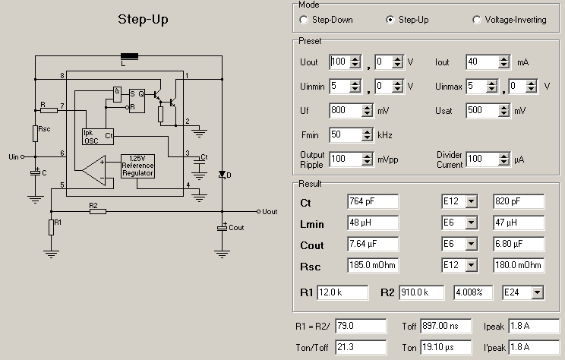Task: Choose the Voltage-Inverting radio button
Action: [x=477, y=20]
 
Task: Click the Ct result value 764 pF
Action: [x=373, y=202]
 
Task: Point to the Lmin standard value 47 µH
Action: [x=519, y=223]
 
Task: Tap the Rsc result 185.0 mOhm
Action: [x=373, y=266]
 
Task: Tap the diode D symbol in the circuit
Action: [x=222, y=175]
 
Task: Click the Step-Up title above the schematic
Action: [x=144, y=19]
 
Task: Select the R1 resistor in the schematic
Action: [x=51, y=226]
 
